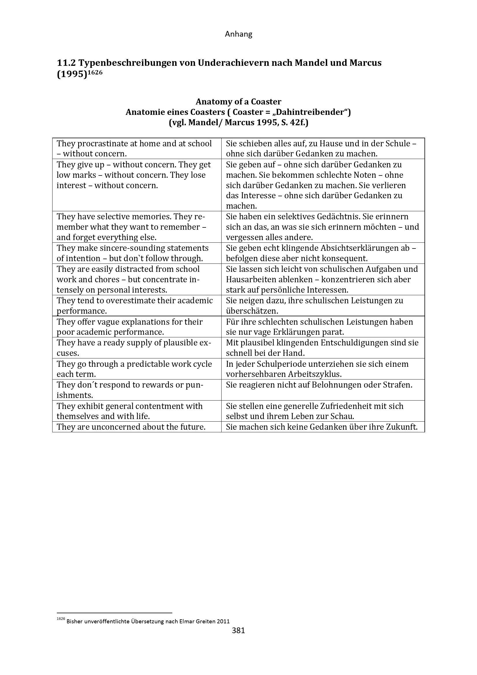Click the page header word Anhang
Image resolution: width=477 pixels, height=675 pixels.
point(238,34)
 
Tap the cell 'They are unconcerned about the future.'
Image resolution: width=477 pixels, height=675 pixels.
point(131,427)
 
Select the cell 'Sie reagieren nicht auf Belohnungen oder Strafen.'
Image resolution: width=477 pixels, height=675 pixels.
point(319,385)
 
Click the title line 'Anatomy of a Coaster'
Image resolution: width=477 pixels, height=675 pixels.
point(238,102)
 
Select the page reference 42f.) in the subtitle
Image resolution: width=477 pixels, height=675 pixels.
point(298,122)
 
